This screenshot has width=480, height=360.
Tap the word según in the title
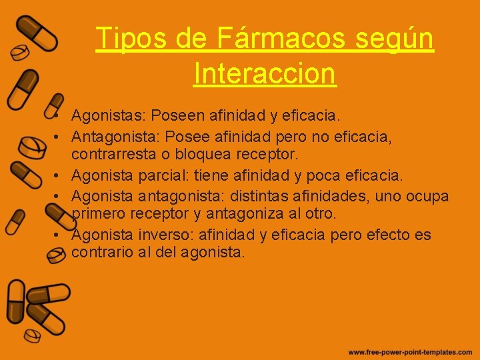(395, 39)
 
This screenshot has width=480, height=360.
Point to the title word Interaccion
(265, 73)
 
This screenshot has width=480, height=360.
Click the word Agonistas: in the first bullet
(108, 116)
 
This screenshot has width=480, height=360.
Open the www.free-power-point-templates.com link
(409, 351)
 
